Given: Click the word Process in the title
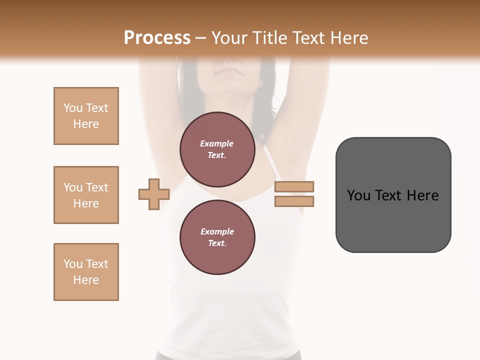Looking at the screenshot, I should (157, 38).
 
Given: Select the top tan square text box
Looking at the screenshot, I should (86, 116).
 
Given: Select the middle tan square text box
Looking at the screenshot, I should (86, 195).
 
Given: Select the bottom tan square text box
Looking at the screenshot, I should (86, 272).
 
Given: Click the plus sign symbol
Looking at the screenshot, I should (154, 194).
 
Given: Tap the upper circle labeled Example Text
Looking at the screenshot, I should (217, 149).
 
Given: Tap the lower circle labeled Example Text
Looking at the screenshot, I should (217, 237).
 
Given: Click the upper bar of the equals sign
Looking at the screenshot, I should (294, 187).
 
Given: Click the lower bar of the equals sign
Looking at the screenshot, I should (294, 201).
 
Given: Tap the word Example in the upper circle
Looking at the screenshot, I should (217, 144).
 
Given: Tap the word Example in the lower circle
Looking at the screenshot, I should (217, 232).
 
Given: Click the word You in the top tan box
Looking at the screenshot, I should (72, 108).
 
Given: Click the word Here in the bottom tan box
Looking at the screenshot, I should (86, 280).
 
